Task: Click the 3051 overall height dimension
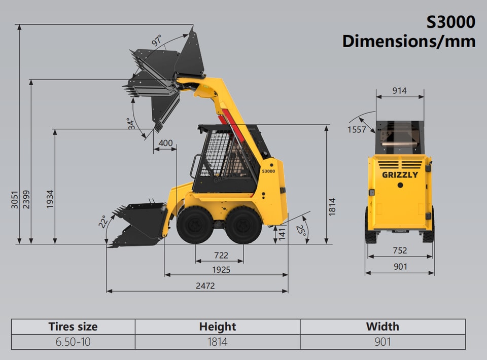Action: coord(15,200)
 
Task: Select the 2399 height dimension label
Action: coord(26,200)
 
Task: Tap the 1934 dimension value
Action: coord(50,199)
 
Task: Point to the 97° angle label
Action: coord(157,41)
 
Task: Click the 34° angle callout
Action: coord(131,124)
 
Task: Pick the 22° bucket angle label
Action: coord(103,222)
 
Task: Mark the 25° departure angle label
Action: coord(301,230)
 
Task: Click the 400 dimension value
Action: coord(165,143)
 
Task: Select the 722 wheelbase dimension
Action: coord(221,256)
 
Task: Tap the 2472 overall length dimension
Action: coord(205,285)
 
